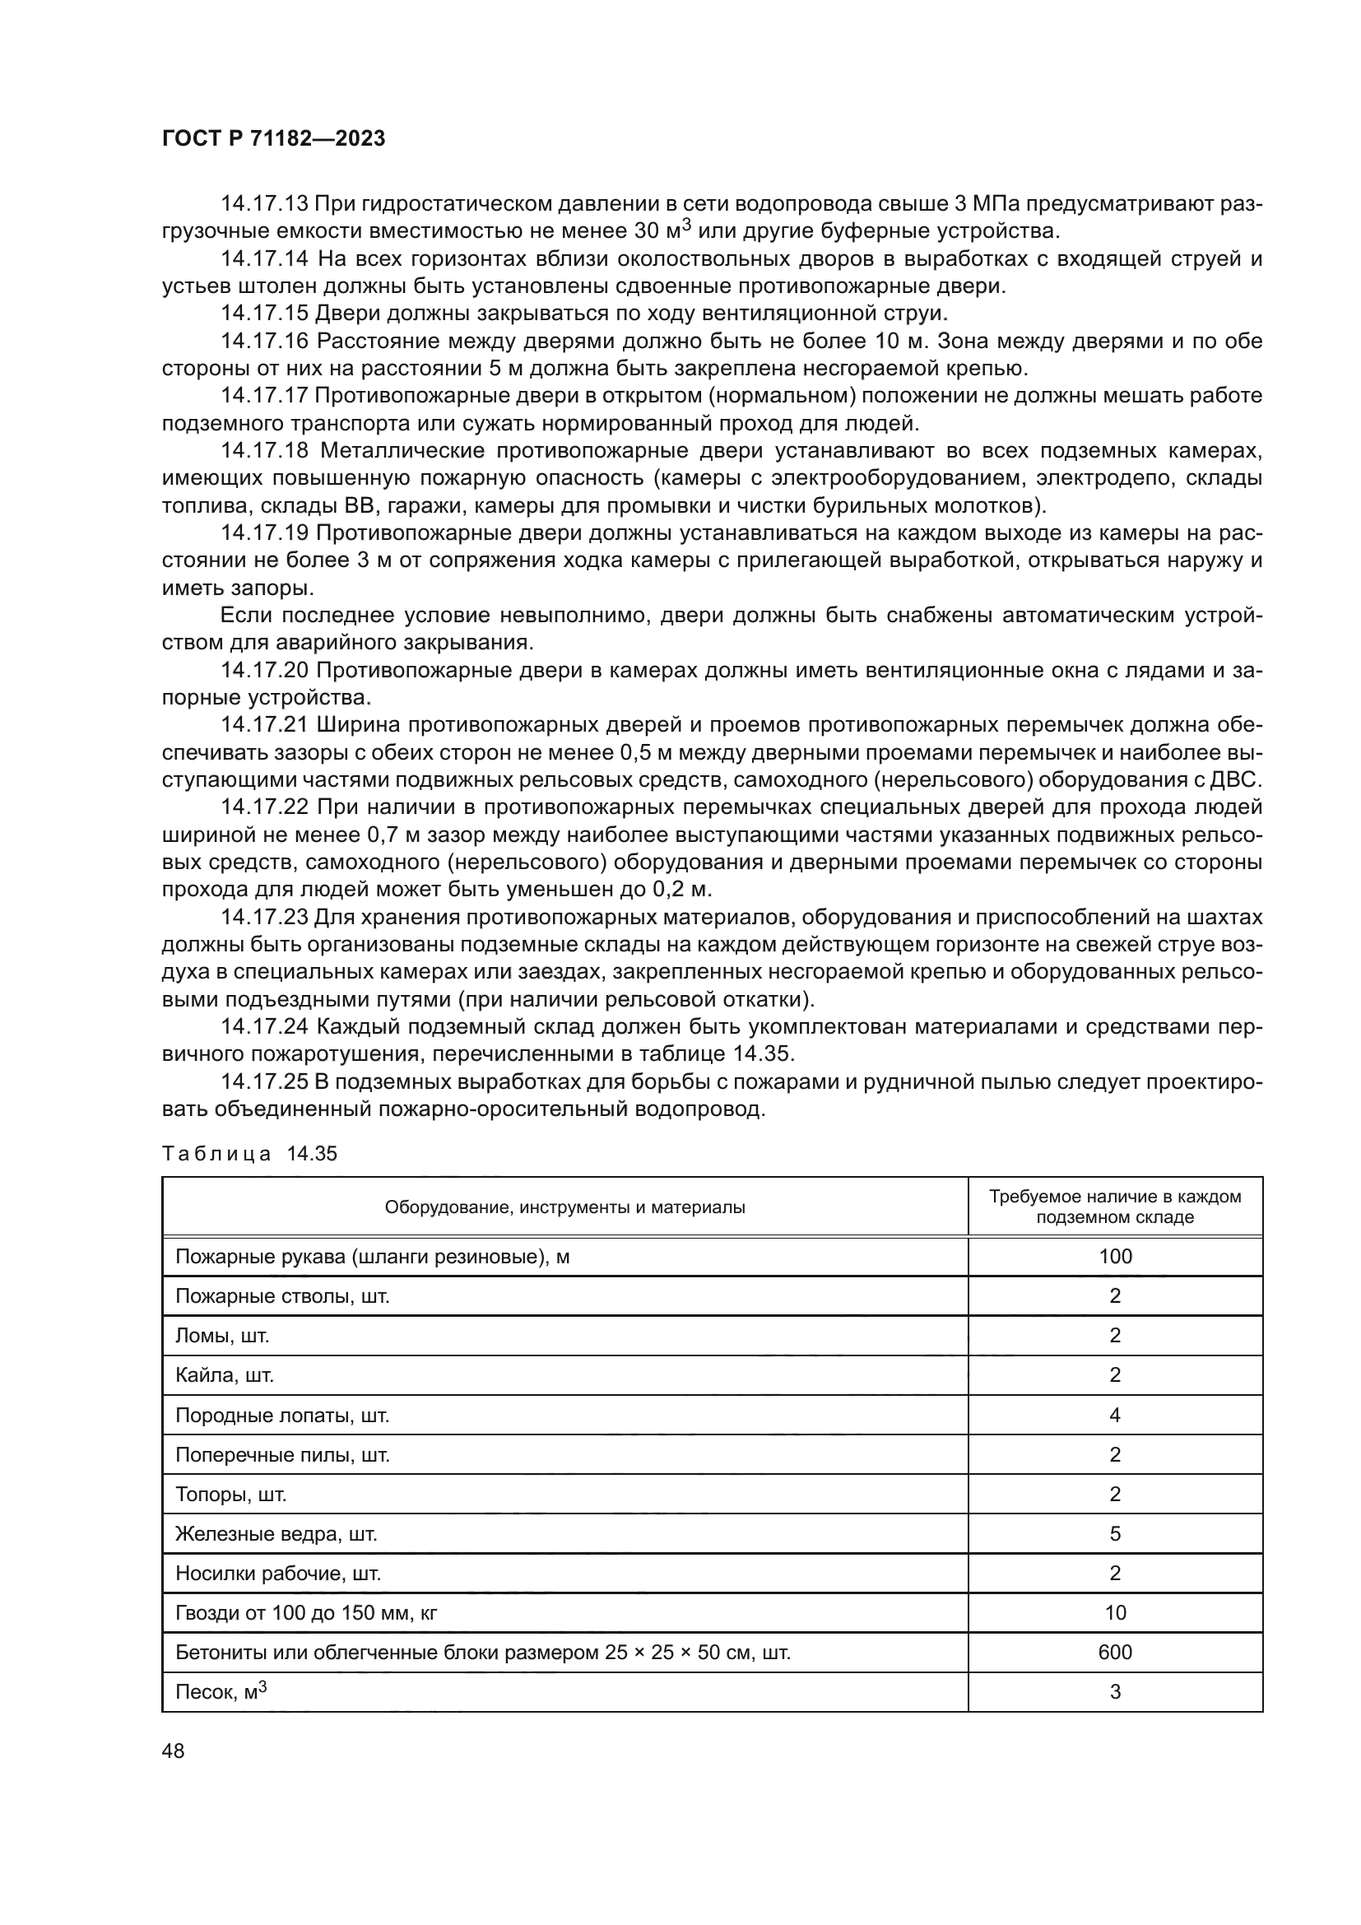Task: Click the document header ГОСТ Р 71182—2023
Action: coord(273,139)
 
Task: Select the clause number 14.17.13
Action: coord(264,204)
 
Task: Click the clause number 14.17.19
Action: coord(264,533)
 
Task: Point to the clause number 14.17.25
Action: coord(264,1081)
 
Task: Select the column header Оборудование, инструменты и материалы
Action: coord(564,1207)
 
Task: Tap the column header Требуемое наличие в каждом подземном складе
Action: coord(1115,1207)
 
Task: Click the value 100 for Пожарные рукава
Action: coord(1115,1256)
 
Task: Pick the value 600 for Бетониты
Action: coord(1115,1652)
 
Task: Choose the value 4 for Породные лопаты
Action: coord(1115,1416)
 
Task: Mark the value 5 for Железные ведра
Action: coord(1115,1533)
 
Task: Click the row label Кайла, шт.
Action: coord(225,1375)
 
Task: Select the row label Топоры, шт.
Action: coord(230,1494)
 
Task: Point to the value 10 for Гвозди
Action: coord(1115,1612)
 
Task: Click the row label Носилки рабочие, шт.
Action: coord(277,1573)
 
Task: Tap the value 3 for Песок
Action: coord(1115,1692)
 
